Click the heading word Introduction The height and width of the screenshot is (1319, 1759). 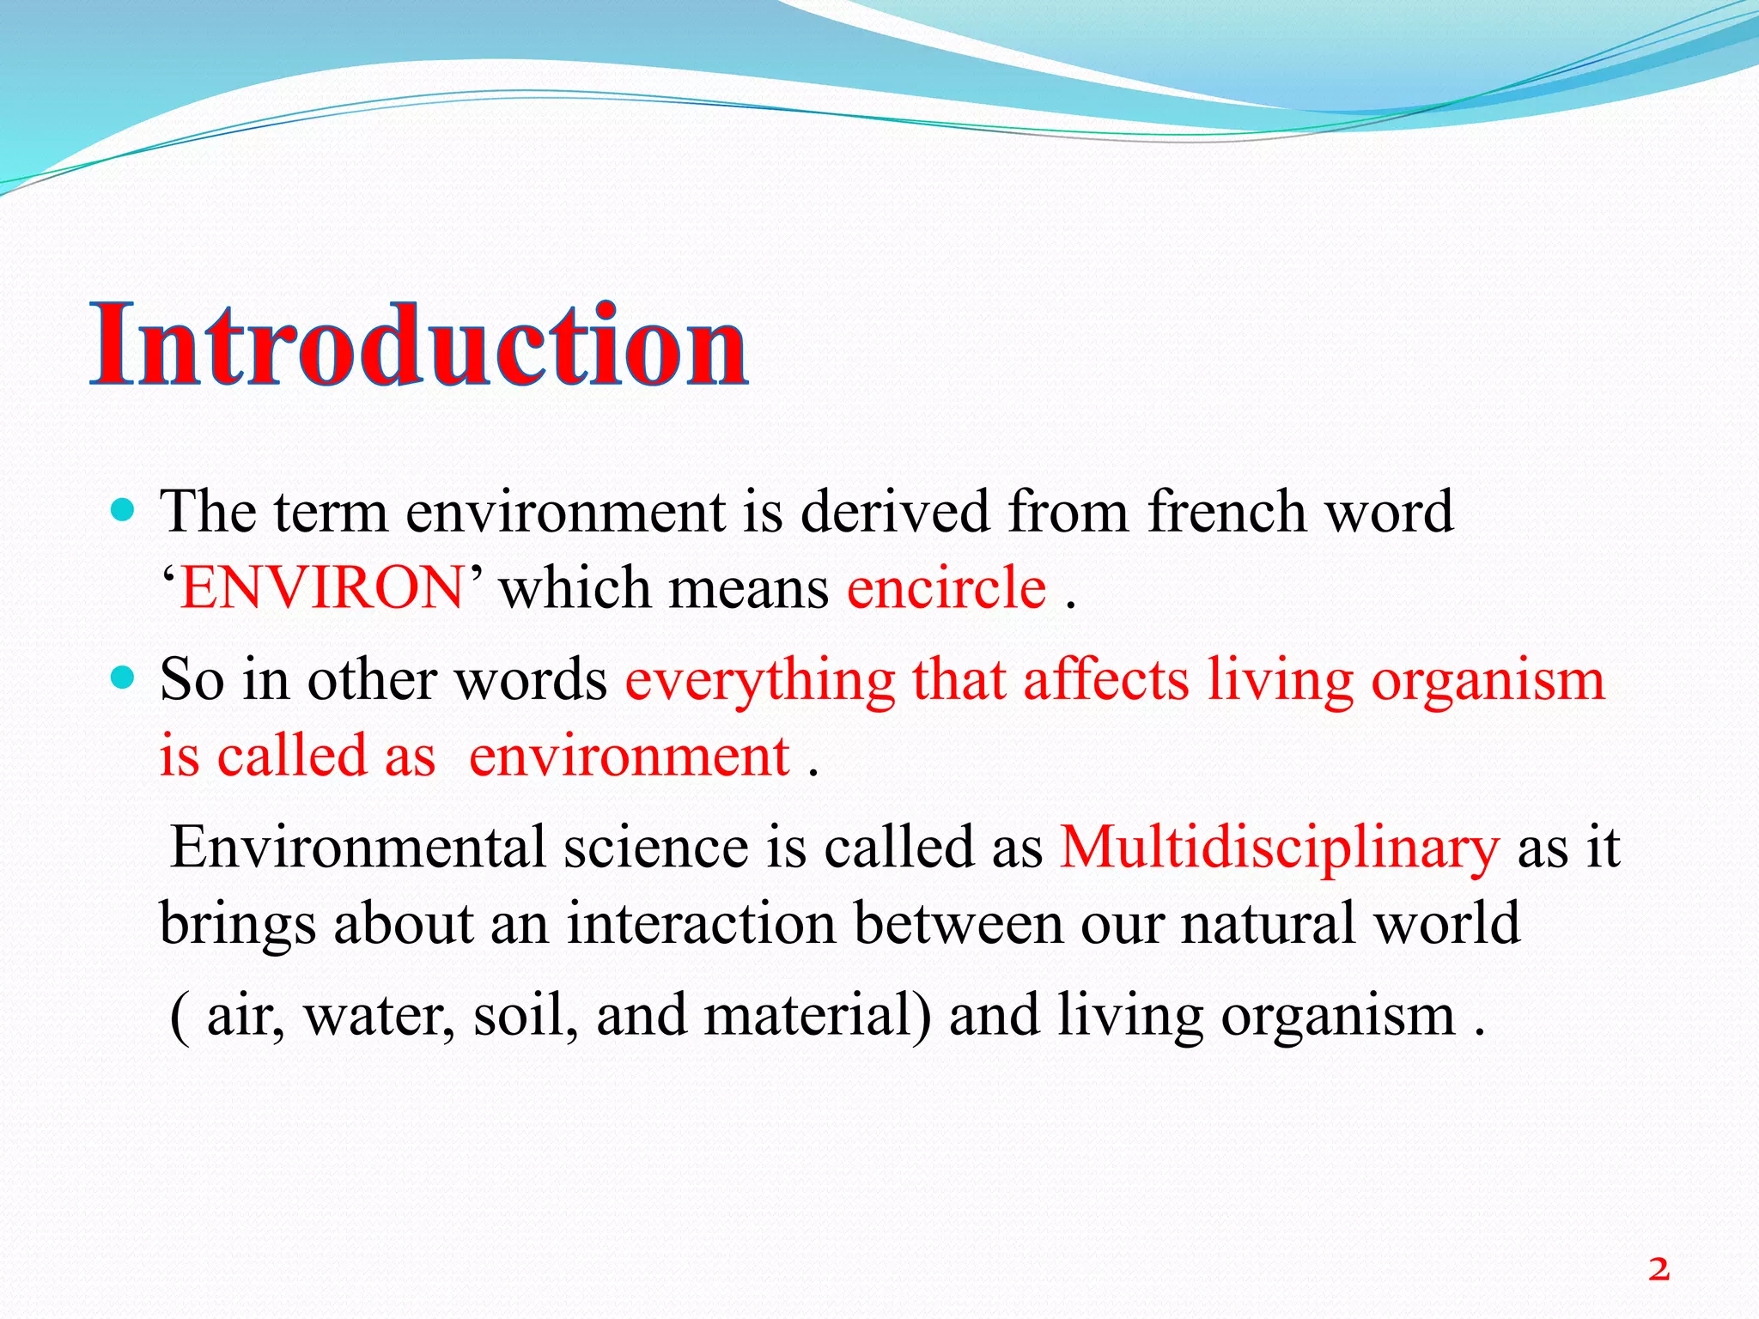pos(419,345)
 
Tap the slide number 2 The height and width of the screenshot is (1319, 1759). pos(1659,1268)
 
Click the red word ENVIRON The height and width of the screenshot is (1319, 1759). pos(323,589)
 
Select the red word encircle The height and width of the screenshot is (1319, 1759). pos(946,589)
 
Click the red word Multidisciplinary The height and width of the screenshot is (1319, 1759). pos(1280,848)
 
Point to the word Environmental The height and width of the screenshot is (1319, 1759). pos(358,848)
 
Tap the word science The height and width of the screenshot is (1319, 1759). pos(656,848)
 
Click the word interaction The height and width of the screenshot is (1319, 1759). pos(701,924)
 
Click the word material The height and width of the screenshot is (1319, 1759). pos(817,1016)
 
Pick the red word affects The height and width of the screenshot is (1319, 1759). pos(1106,681)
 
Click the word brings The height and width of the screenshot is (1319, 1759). pos(238,926)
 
